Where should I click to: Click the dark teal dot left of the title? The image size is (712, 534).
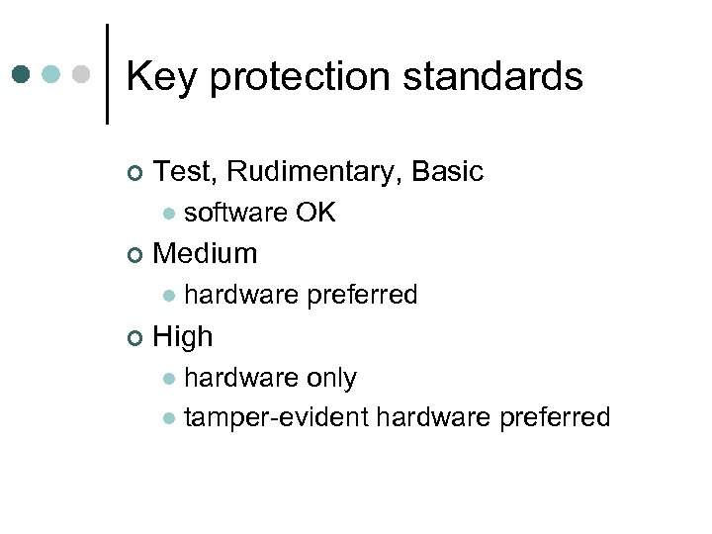pos(21,75)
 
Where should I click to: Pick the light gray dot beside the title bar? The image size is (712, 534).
pos(82,75)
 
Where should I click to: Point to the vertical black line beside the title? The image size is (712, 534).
pos(107,75)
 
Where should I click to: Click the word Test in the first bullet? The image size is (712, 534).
pos(184,172)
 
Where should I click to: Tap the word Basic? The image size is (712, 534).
pos(447,172)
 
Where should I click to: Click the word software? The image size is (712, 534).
pos(235,213)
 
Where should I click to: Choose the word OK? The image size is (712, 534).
pos(314,213)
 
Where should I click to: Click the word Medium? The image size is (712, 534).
pos(206,254)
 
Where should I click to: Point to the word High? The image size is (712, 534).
pos(183,337)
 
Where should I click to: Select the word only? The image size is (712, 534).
pos(331,378)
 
